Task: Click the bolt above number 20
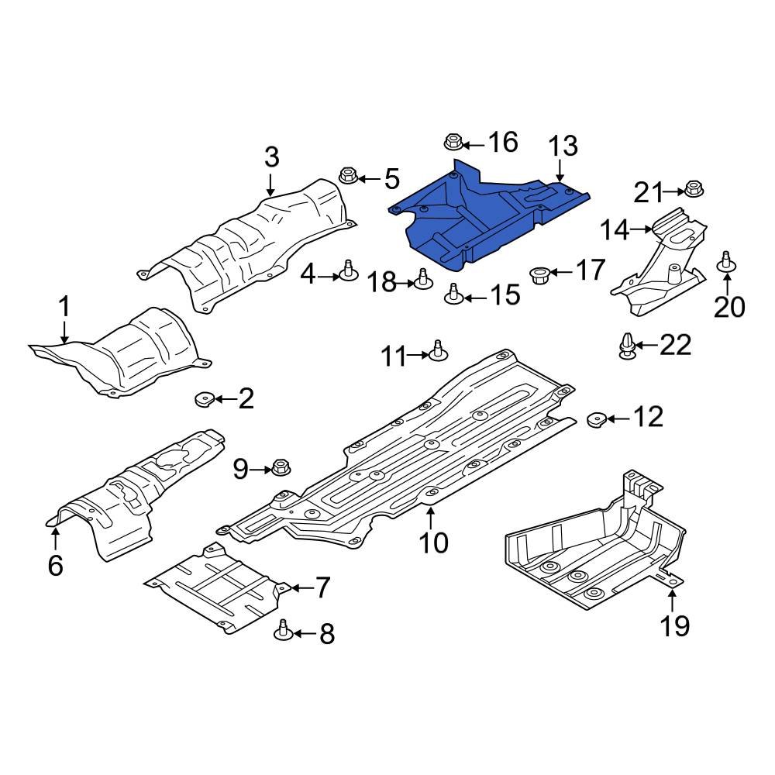pyautogui.click(x=727, y=262)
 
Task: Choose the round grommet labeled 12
pyautogui.click(x=596, y=419)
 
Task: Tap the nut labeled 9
pyautogui.click(x=281, y=468)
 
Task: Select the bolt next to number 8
pyautogui.click(x=284, y=632)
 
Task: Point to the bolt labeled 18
pyautogui.click(x=423, y=280)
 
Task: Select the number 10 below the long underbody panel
pyautogui.click(x=433, y=542)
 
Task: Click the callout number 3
pyautogui.click(x=271, y=157)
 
